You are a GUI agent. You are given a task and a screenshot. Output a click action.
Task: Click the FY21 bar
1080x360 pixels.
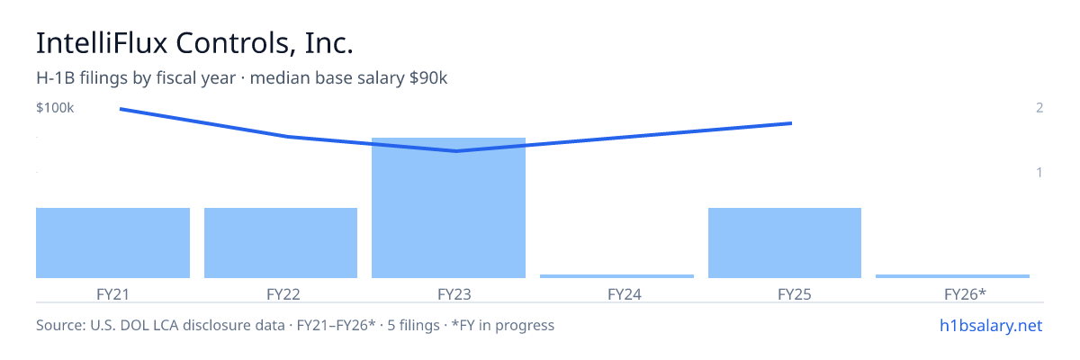[112, 243]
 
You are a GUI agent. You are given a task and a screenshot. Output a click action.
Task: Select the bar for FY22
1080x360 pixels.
[281, 243]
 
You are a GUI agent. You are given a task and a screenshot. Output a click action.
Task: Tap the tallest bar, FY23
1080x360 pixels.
[448, 208]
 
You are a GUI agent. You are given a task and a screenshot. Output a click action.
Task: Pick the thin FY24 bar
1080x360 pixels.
[616, 276]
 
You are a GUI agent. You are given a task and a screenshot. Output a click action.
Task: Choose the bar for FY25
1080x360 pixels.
[785, 243]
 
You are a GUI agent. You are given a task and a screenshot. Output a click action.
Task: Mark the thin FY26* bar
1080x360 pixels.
[952, 276]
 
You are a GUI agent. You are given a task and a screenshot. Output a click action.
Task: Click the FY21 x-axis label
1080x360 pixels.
[112, 294]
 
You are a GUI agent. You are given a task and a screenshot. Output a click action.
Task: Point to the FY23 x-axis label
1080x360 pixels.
[454, 294]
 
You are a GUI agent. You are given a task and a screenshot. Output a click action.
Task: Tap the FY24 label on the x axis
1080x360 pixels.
[625, 294]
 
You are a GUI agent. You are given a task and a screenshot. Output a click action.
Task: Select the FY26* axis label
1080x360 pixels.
[965, 294]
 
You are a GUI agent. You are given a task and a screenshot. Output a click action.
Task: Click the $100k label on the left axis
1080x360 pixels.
[55, 107]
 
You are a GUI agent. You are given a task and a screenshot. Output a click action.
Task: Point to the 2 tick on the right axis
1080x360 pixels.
[1039, 107]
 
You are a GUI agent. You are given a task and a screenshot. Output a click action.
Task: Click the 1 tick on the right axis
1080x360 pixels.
[1039, 172]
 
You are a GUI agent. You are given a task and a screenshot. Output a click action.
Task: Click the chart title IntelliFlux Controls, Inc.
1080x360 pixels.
[194, 43]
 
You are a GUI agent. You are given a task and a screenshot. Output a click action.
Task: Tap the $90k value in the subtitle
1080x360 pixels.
[428, 77]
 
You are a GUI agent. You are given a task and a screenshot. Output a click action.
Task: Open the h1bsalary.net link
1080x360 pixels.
[991, 325]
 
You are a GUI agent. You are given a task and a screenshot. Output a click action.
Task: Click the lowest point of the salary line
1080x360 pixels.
[456, 151]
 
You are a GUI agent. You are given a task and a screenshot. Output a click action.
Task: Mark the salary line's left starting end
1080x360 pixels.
[120, 109]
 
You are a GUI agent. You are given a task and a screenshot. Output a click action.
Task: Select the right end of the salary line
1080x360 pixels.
[792, 123]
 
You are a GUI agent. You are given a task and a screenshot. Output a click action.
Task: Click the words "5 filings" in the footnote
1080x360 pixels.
[414, 325]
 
